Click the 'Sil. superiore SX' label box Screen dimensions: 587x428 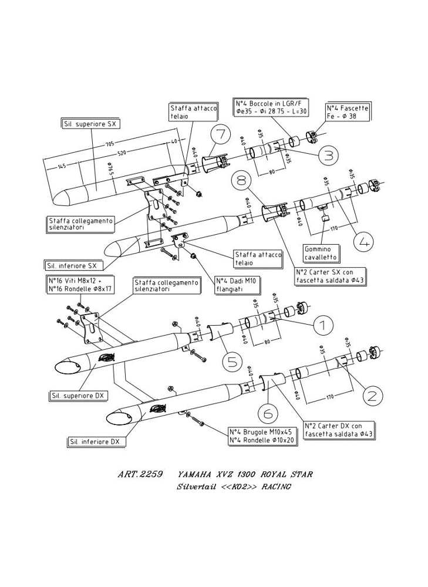point(89,124)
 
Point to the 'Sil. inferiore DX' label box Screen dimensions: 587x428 point(95,441)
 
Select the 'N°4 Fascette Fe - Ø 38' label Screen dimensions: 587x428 point(348,113)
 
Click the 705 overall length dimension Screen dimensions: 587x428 point(110,144)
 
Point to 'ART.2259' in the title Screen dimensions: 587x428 point(136,474)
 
